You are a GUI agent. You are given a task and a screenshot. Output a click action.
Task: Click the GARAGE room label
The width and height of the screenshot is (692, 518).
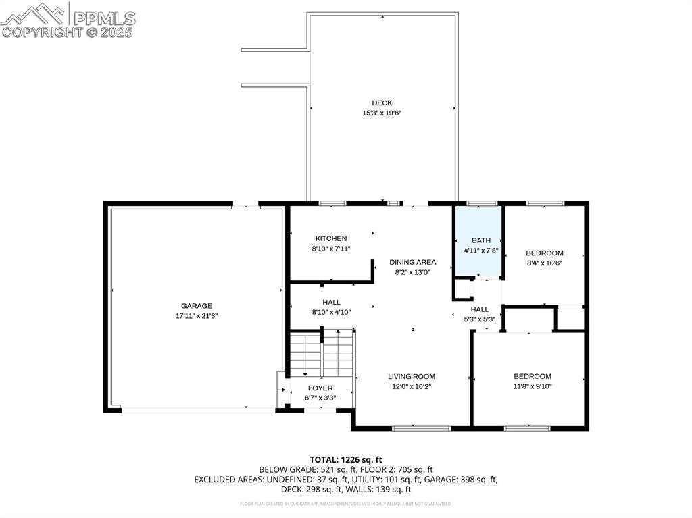196,305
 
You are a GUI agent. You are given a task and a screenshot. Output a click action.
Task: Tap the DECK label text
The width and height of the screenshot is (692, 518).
382,103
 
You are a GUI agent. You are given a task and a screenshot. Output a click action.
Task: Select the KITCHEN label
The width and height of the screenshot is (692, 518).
331,238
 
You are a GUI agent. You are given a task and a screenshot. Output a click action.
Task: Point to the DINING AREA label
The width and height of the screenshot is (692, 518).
413,262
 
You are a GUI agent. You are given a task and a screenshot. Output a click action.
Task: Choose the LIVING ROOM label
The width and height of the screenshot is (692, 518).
412,376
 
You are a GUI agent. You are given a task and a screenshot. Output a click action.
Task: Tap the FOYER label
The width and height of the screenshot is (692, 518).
320,388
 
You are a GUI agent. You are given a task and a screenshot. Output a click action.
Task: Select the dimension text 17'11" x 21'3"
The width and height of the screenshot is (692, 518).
196,315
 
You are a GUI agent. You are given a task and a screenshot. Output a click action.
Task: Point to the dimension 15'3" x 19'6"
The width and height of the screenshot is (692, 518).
382,113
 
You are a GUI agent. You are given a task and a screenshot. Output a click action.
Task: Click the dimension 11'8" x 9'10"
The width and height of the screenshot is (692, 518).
533,386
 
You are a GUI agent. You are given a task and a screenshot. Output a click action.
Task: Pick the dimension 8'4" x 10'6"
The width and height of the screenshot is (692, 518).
545,263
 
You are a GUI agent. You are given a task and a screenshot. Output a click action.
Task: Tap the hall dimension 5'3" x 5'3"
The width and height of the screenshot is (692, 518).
479,319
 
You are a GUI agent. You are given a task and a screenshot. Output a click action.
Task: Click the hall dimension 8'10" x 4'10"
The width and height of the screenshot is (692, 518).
331,312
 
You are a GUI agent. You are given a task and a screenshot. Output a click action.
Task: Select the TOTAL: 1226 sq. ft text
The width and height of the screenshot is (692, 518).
346,460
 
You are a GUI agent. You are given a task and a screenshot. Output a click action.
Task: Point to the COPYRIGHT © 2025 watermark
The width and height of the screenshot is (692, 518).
68,32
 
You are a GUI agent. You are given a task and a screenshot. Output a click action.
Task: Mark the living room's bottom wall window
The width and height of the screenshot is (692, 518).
422,428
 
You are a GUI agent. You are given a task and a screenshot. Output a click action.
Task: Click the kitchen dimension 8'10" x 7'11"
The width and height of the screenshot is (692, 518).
331,249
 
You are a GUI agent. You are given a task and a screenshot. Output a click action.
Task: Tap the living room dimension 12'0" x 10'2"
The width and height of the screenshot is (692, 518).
412,386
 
